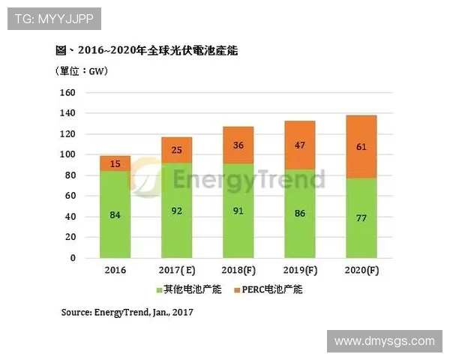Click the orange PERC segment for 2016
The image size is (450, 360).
coord(115,163)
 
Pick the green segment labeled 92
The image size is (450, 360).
coord(176,211)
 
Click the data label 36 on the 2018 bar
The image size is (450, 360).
coord(238,145)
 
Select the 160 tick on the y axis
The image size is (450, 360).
coord(67,93)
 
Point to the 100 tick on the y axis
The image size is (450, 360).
coord(67,154)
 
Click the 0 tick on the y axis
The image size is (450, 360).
coord(73,258)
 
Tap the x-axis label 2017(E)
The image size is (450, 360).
coord(176,270)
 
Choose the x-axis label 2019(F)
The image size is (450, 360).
coord(298,270)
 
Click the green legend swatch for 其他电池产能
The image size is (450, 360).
coord(159,289)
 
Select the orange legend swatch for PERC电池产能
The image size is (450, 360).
coord(238,289)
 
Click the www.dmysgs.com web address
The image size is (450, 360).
coord(384,342)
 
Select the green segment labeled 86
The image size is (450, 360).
coord(298,213)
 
